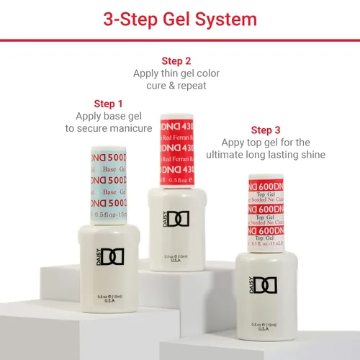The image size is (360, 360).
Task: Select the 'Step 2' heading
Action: tap(176, 61)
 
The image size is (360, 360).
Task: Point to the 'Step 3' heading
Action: tap(266, 130)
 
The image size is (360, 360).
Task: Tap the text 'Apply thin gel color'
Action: tap(176, 73)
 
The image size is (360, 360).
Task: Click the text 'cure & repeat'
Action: tap(176, 86)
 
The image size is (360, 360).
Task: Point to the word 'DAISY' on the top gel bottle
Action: tap(253, 286)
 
